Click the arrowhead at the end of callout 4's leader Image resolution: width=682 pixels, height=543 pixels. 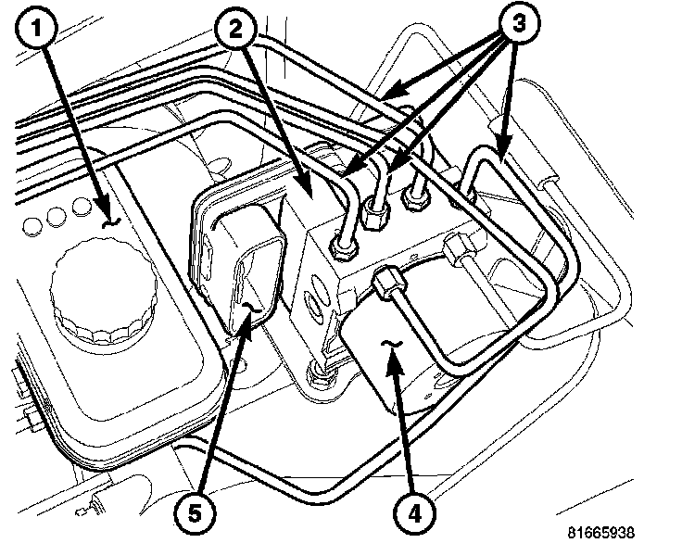pos(392,350)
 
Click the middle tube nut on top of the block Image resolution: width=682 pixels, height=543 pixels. pos(374,219)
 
